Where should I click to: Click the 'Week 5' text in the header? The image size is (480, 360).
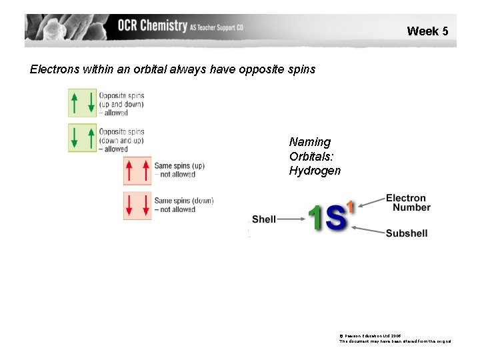[x=427, y=31]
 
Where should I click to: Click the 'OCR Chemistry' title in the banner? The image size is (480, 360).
[x=153, y=26]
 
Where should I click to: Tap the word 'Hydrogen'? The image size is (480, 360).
[x=315, y=171]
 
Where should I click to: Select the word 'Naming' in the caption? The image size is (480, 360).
[x=309, y=142]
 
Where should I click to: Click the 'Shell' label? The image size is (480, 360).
[x=264, y=219]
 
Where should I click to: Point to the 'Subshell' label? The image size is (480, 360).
[x=407, y=233]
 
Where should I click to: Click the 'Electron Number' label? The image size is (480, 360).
[x=407, y=203]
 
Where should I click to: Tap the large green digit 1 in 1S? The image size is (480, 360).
[x=316, y=218]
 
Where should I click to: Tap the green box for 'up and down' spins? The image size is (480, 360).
[x=83, y=103]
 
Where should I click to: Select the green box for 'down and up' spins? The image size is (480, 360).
[x=83, y=139]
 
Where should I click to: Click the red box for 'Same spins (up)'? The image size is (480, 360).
[x=137, y=171]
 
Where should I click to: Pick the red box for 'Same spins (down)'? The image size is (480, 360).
[x=137, y=206]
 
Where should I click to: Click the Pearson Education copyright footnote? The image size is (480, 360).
[x=395, y=337]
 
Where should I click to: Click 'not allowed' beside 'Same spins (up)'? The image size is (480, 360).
[x=175, y=175]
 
